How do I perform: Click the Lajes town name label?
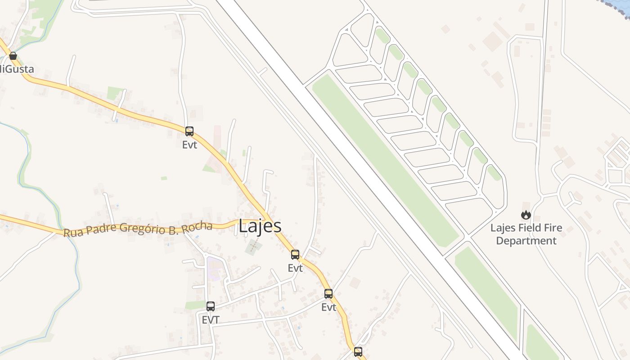coord(260,226)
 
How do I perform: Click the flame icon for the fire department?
coord(526,216)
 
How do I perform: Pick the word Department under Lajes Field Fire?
coord(526,241)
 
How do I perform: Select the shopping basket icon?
coord(13,56)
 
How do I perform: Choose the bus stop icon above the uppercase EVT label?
coord(210,306)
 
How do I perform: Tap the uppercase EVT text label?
coord(210,320)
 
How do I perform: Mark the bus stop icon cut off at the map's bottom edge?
coord(358,352)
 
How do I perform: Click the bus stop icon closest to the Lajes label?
coord(295,255)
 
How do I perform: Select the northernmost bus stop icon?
coord(189,131)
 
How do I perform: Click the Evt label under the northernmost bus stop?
coord(189,145)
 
